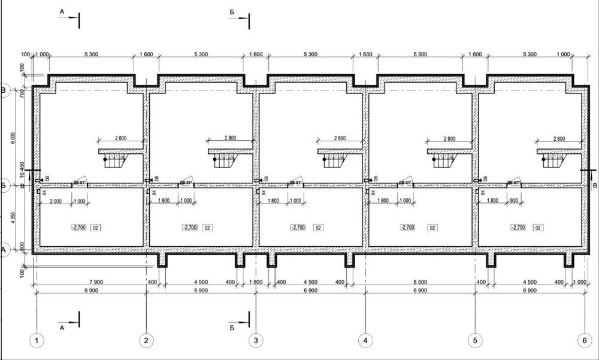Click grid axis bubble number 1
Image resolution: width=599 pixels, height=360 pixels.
(37, 341)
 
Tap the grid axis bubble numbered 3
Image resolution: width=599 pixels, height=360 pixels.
(256, 341)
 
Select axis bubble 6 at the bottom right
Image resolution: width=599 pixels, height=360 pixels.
(585, 341)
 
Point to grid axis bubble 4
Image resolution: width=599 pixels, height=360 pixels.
(365, 341)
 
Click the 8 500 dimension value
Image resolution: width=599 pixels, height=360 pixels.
(419, 282)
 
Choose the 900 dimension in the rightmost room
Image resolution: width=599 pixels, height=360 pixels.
(514, 201)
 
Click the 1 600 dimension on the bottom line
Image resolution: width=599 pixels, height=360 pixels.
(256, 282)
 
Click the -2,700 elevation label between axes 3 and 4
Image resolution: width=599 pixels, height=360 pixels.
(298, 228)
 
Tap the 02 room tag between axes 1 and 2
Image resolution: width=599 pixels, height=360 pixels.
(95, 228)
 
